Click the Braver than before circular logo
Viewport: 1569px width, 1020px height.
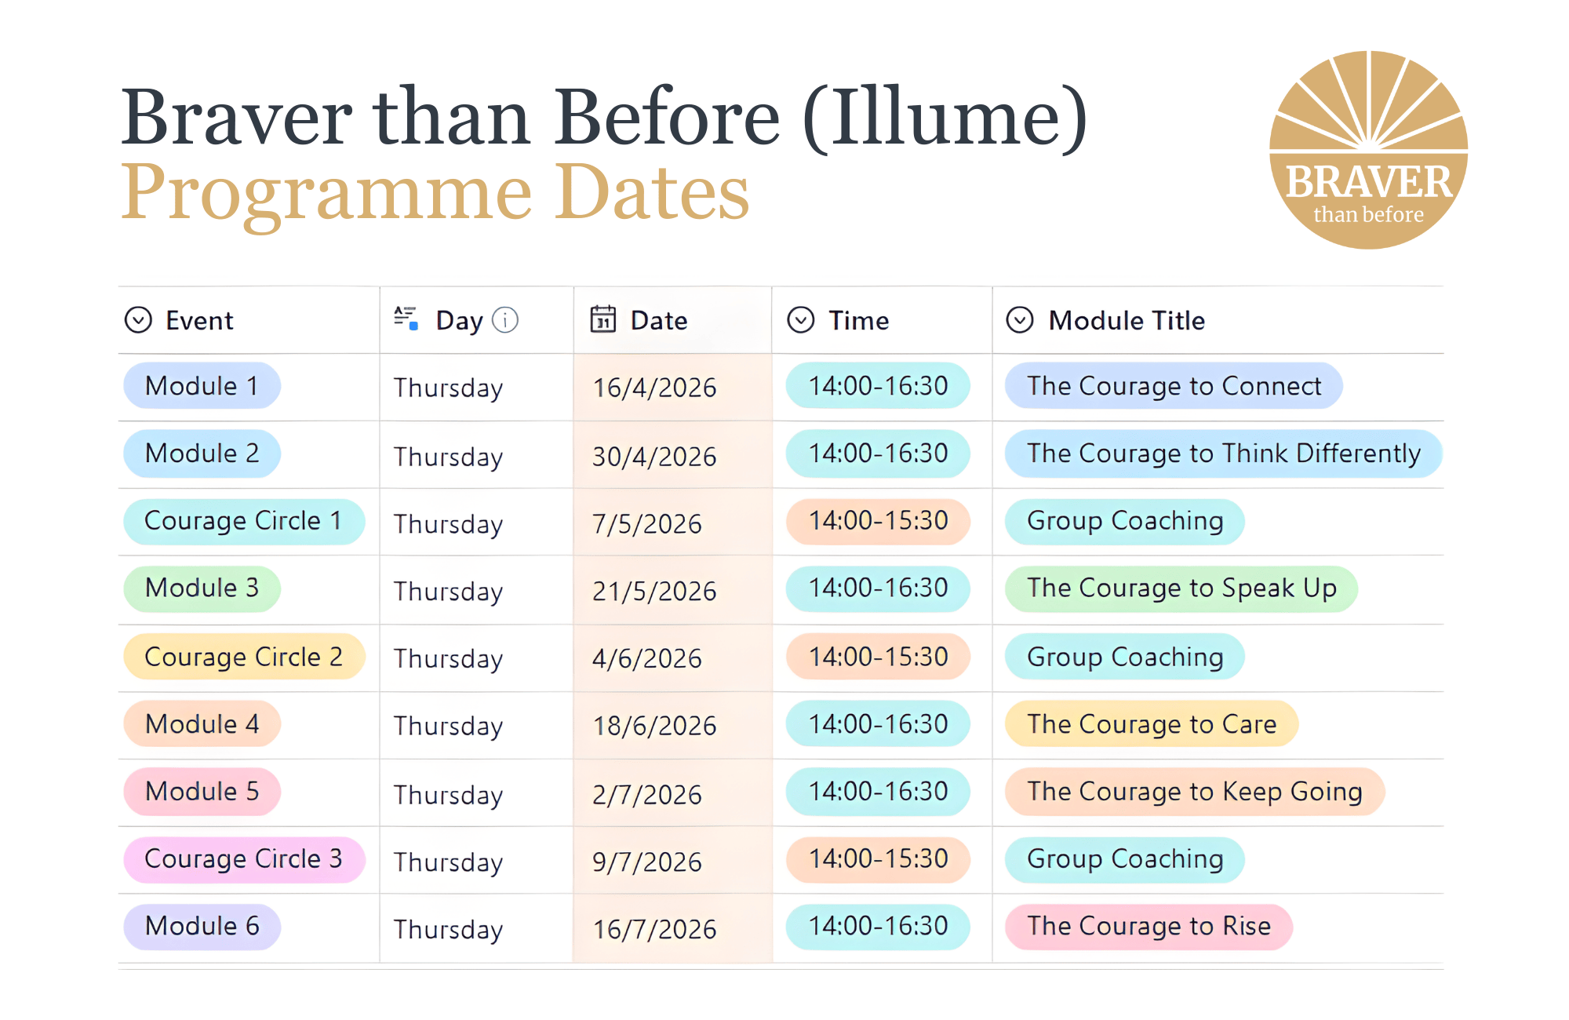click(1368, 150)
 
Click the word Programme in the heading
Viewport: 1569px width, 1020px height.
click(326, 193)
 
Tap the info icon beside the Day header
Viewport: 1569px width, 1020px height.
click(505, 320)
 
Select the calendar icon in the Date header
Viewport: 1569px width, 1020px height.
click(602, 319)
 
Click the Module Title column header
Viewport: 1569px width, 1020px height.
click(1126, 320)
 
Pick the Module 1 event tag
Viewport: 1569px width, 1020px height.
click(202, 386)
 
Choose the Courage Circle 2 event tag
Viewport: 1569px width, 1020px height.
click(243, 657)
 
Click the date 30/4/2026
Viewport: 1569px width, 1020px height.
click(654, 457)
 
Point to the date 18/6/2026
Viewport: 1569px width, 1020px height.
click(654, 726)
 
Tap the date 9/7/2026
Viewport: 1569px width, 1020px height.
click(646, 862)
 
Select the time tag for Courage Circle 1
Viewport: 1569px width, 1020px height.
click(878, 521)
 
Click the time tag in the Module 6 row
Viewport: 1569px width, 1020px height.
click(878, 927)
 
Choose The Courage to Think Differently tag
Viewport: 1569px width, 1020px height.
click(1223, 454)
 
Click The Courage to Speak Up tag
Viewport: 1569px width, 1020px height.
click(1181, 588)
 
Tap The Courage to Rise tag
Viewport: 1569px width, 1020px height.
click(1149, 927)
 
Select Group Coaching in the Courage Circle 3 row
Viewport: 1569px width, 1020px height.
click(1124, 859)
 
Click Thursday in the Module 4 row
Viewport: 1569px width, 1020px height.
click(448, 726)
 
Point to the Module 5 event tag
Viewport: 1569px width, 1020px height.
click(202, 792)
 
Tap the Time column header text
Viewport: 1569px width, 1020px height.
click(858, 320)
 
